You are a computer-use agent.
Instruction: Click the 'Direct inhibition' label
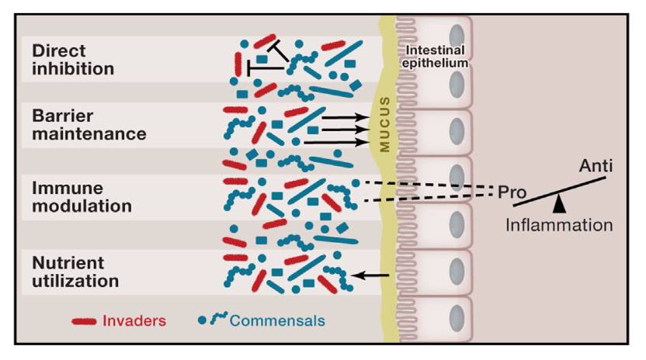[x=73, y=59]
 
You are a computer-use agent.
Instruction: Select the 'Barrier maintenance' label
[x=78, y=124]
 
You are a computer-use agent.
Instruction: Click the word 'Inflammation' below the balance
[x=560, y=226]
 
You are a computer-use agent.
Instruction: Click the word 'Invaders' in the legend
[x=135, y=320]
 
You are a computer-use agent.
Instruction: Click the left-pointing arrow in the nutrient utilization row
[x=370, y=275]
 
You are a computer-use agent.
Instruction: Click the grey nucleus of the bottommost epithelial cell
[x=458, y=316]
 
